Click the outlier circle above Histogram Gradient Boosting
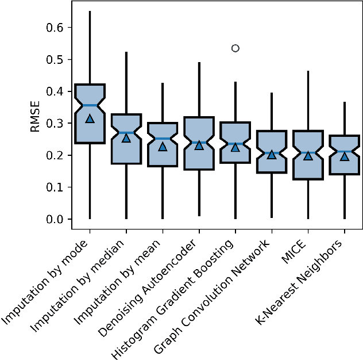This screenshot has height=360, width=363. pyautogui.click(x=235, y=48)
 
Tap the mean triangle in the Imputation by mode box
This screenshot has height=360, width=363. pyautogui.click(x=90, y=118)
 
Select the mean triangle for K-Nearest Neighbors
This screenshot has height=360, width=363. pyautogui.click(x=344, y=156)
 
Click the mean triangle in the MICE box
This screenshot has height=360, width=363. pyautogui.click(x=308, y=155)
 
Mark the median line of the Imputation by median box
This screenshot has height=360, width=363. pyautogui.click(x=126, y=133)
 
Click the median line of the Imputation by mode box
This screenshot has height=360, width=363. pyautogui.click(x=90, y=105)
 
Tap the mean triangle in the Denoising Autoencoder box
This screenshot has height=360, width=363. pyautogui.click(x=199, y=145)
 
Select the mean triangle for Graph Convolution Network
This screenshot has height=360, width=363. pyautogui.click(x=272, y=154)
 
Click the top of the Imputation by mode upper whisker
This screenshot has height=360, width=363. pyautogui.click(x=90, y=12)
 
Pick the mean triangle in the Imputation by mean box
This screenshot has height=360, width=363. pyautogui.click(x=163, y=147)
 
